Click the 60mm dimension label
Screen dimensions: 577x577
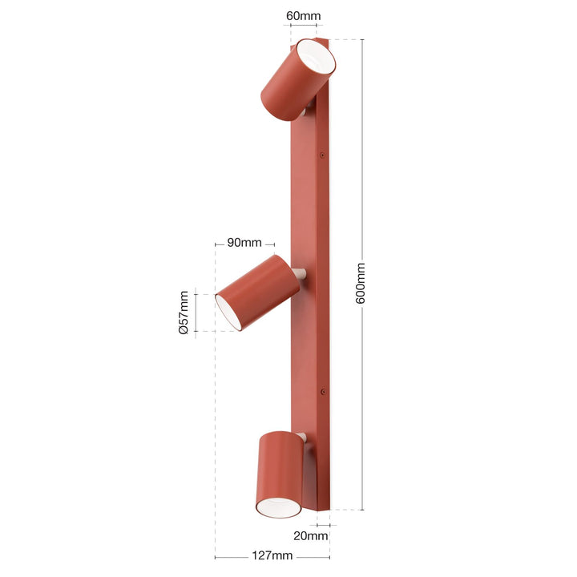[303, 16]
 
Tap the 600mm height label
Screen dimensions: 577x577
[361, 283]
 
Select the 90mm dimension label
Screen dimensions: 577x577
[244, 243]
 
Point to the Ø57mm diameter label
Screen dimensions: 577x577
[184, 313]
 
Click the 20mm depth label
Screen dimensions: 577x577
[311, 536]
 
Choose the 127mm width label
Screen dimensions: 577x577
[272, 555]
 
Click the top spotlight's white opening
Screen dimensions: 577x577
[316, 57]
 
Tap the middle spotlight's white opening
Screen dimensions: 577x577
[228, 311]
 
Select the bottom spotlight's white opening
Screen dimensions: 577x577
[279, 508]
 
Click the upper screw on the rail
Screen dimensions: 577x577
[322, 155]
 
